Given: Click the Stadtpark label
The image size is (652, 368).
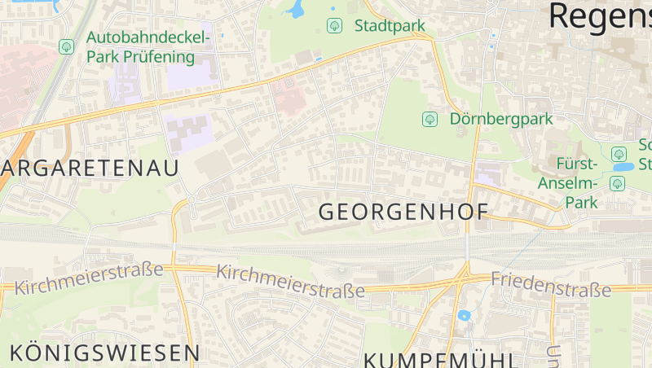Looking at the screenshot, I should (390, 26).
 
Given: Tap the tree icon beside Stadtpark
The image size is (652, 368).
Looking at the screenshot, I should (334, 26).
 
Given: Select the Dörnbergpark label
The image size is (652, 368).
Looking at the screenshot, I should (500, 119).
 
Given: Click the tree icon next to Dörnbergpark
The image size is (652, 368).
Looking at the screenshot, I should (430, 120).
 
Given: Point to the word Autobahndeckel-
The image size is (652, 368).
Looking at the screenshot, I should (148, 38).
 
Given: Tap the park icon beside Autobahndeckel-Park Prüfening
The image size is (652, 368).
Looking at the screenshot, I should (67, 47).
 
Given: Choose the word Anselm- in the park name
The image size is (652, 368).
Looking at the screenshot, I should (568, 182).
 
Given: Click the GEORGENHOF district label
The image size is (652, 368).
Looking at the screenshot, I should (403, 212).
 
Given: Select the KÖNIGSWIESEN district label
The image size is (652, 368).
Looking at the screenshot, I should (104, 353).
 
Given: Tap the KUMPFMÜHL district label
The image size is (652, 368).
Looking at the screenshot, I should (440, 360).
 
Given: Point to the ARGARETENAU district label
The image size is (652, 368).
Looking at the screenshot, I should (90, 169).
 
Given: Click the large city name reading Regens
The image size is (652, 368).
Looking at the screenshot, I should (600, 16).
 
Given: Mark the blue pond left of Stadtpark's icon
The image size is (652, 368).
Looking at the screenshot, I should (294, 11).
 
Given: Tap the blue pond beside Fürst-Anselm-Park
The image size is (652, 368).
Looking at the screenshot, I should (623, 167).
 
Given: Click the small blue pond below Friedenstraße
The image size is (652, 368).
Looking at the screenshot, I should (464, 315).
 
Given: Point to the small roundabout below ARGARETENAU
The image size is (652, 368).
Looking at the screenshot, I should (191, 200).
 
